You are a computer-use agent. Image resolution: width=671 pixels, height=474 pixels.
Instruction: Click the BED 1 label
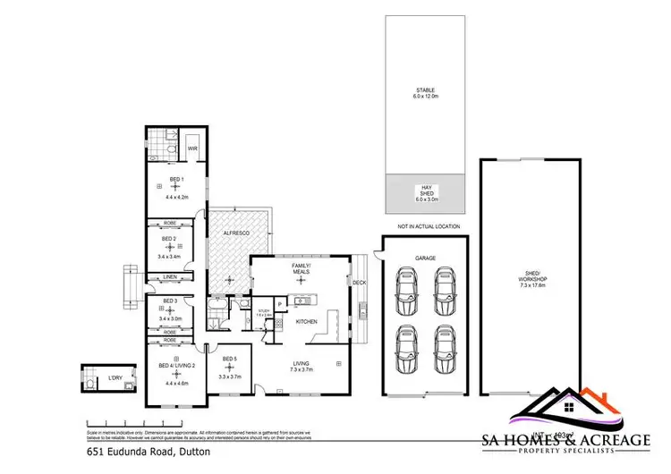point(176,180)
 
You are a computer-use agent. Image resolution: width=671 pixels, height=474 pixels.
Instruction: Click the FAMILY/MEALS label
point(301,268)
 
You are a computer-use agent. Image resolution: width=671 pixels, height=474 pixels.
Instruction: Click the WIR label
point(192,148)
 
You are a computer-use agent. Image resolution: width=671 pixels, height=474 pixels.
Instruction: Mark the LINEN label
point(170,277)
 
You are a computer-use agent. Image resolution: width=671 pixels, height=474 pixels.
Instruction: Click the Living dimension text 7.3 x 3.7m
point(301,368)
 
